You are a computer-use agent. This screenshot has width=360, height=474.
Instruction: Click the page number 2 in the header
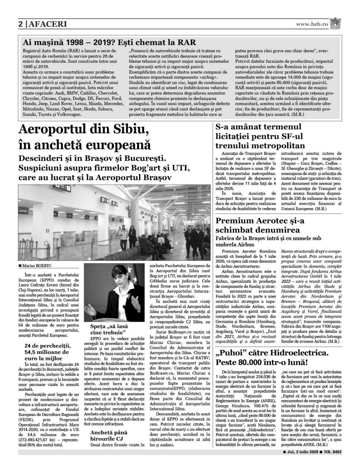coord(21,24)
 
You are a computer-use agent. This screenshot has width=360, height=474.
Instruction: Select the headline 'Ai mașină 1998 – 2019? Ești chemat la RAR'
coord(109,42)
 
